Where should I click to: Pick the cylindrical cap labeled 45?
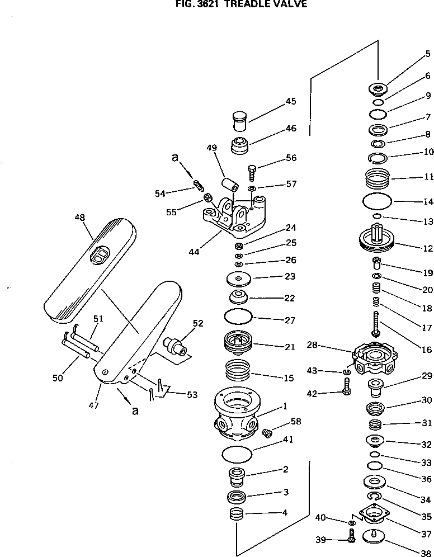click(x=239, y=121)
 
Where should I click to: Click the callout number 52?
click(x=198, y=323)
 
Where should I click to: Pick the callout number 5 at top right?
click(x=427, y=54)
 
